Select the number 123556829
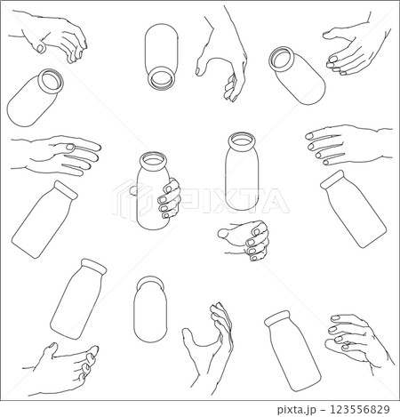point(360,409)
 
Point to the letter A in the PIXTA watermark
point(272,201)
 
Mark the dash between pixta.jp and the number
point(323,410)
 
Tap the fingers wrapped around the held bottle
point(170,199)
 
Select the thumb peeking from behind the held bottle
point(134,190)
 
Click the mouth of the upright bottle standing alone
point(242,140)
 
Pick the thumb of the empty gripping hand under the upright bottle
point(226,233)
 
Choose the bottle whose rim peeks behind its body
point(150,309)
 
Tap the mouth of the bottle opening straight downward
point(161,78)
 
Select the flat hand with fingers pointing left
point(348,145)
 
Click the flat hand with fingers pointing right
point(56,156)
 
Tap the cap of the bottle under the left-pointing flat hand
point(333,179)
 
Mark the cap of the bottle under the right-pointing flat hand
point(66,190)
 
